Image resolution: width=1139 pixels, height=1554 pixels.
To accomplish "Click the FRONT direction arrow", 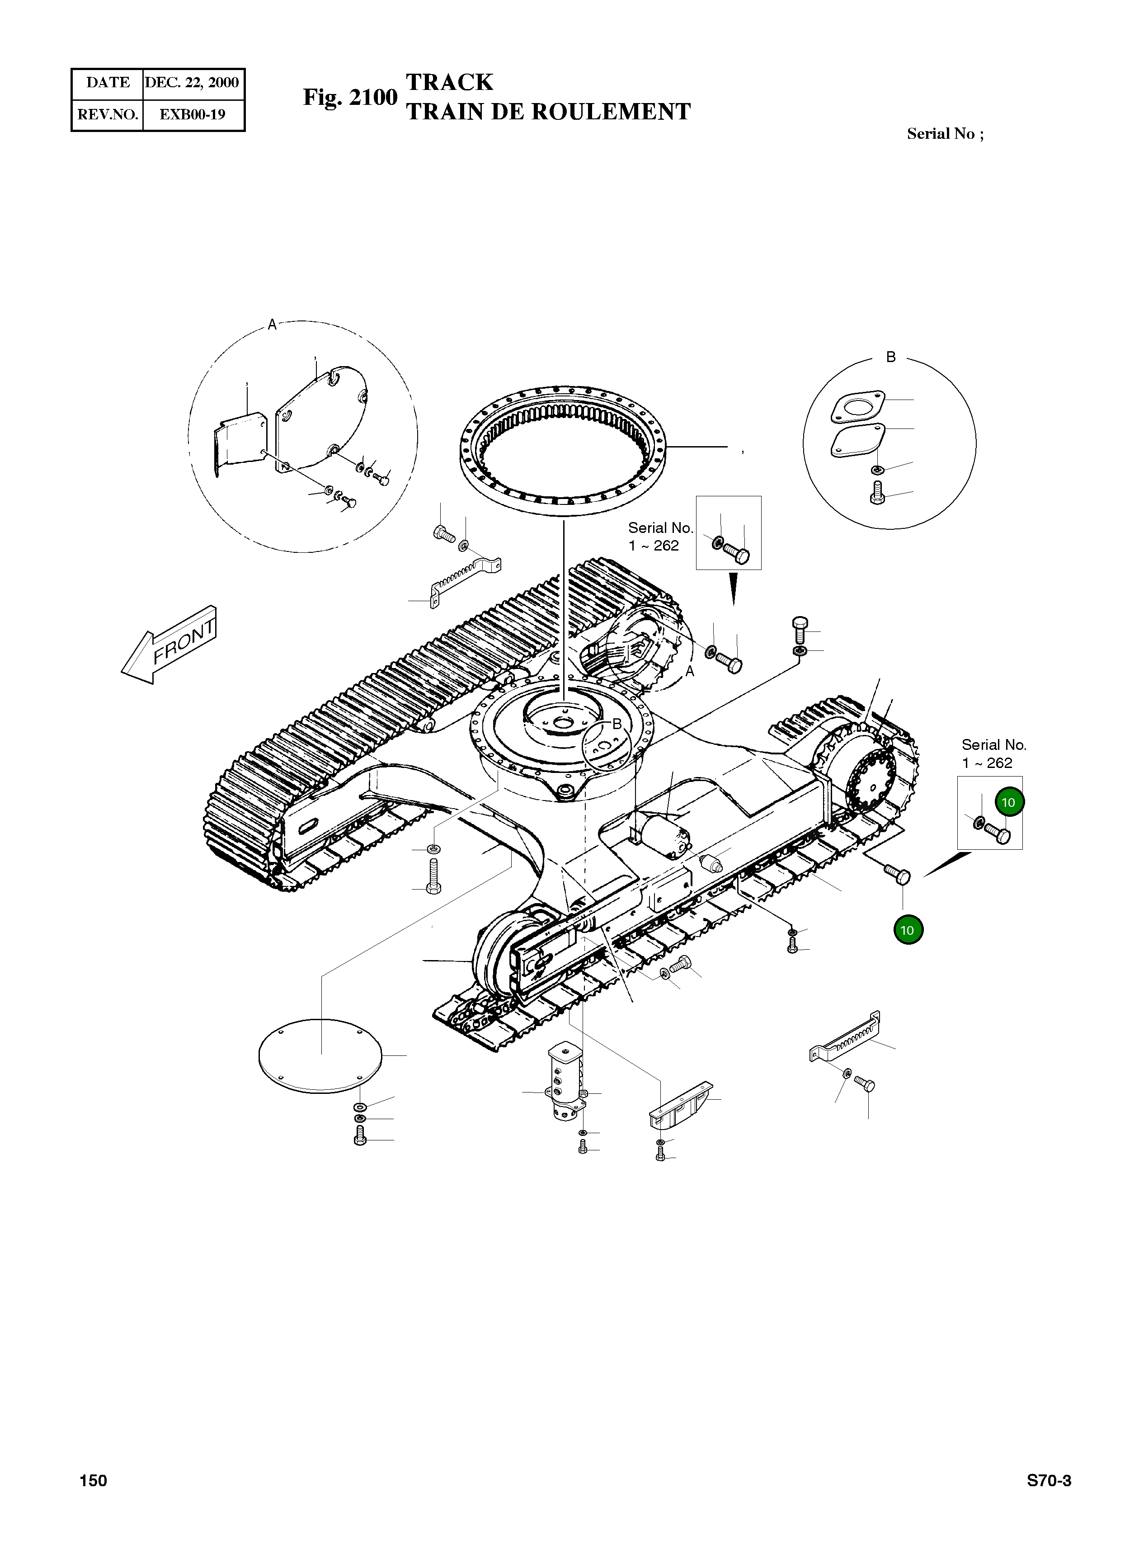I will click(169, 645).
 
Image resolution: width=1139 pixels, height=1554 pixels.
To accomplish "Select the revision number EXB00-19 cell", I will click(193, 114).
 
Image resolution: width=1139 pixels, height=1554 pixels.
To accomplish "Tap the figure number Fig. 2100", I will click(349, 97).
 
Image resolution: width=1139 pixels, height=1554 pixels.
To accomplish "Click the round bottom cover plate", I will click(319, 1055).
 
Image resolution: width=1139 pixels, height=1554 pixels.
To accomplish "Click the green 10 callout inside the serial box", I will click(1009, 802).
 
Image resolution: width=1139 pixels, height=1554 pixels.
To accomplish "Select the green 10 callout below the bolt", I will click(907, 930).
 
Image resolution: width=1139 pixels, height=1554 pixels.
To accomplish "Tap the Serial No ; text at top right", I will click(945, 134).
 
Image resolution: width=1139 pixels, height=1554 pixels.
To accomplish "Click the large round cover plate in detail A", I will click(321, 422).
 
